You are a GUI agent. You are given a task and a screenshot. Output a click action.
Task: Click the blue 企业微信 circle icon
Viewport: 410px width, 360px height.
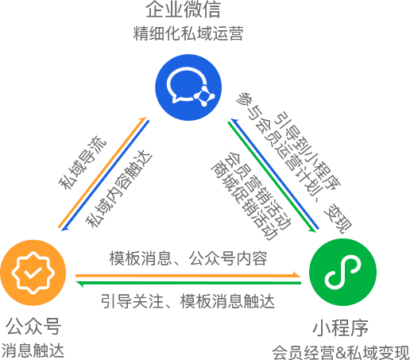[x=188, y=87]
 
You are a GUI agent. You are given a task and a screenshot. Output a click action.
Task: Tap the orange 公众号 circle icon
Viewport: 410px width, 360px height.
[x=33, y=273]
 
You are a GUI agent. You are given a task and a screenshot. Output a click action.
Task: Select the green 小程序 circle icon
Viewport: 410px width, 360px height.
[x=342, y=273]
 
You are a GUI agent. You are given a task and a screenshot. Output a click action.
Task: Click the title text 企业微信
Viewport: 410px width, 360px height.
[x=183, y=10]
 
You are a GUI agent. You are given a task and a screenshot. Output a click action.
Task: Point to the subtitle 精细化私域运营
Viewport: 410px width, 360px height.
[x=188, y=33]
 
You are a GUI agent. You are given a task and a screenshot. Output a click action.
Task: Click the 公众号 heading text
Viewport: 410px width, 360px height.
[x=33, y=327]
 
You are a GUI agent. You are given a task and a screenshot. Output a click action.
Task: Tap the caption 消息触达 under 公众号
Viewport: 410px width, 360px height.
[x=33, y=350]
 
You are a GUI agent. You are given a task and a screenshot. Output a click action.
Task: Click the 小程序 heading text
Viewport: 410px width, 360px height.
[x=341, y=327]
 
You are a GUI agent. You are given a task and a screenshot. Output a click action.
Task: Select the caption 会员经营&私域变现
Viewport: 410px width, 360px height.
[x=341, y=352]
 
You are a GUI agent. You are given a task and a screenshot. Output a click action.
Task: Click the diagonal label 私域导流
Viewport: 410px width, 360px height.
[x=83, y=162]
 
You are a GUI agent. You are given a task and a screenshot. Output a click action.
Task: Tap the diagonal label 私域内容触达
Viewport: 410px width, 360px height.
[x=119, y=188]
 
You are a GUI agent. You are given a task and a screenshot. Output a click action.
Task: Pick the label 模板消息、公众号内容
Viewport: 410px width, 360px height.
[x=188, y=258]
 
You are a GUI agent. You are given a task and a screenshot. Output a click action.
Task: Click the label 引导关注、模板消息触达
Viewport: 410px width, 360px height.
[x=188, y=301]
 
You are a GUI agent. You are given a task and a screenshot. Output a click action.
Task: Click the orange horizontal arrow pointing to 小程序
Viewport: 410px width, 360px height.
[x=188, y=276]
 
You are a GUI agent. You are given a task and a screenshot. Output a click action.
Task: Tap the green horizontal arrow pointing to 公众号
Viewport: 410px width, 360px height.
[x=188, y=283]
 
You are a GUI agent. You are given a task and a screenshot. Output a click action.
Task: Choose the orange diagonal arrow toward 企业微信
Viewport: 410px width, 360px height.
[x=102, y=172]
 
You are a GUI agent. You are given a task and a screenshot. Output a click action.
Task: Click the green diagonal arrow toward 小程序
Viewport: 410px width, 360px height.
[x=272, y=177]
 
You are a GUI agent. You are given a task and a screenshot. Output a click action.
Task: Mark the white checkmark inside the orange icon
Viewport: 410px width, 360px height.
[x=33, y=273]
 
